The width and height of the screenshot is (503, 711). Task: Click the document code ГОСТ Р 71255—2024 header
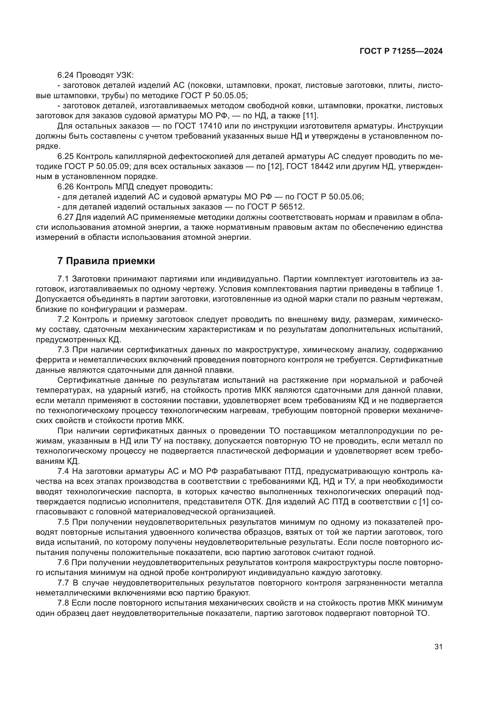click(401, 51)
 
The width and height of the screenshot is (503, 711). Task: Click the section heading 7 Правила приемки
click(106, 261)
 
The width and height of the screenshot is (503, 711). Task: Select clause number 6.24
click(66, 75)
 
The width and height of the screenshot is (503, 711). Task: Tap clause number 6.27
click(66, 217)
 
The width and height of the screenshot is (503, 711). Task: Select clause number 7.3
click(64, 350)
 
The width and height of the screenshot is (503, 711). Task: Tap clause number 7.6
click(64, 562)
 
